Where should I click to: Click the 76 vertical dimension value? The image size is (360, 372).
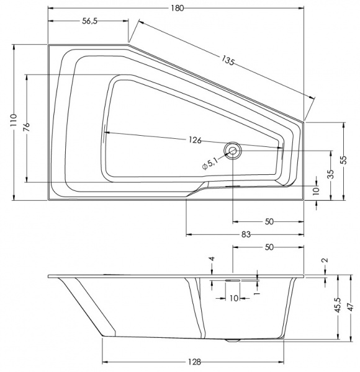pos(27,127)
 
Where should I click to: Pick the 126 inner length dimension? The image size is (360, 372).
pos(195,140)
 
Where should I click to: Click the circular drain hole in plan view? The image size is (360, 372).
pos(233,149)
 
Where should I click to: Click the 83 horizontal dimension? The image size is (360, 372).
pos(246,234)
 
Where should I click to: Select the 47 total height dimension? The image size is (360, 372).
pos(351,306)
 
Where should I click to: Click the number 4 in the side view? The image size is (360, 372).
pos(212,259)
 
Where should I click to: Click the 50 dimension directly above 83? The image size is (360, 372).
pos(269,221)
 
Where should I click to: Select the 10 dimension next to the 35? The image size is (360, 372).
pos(315,190)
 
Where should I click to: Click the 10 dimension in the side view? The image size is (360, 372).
pos(233,298)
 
